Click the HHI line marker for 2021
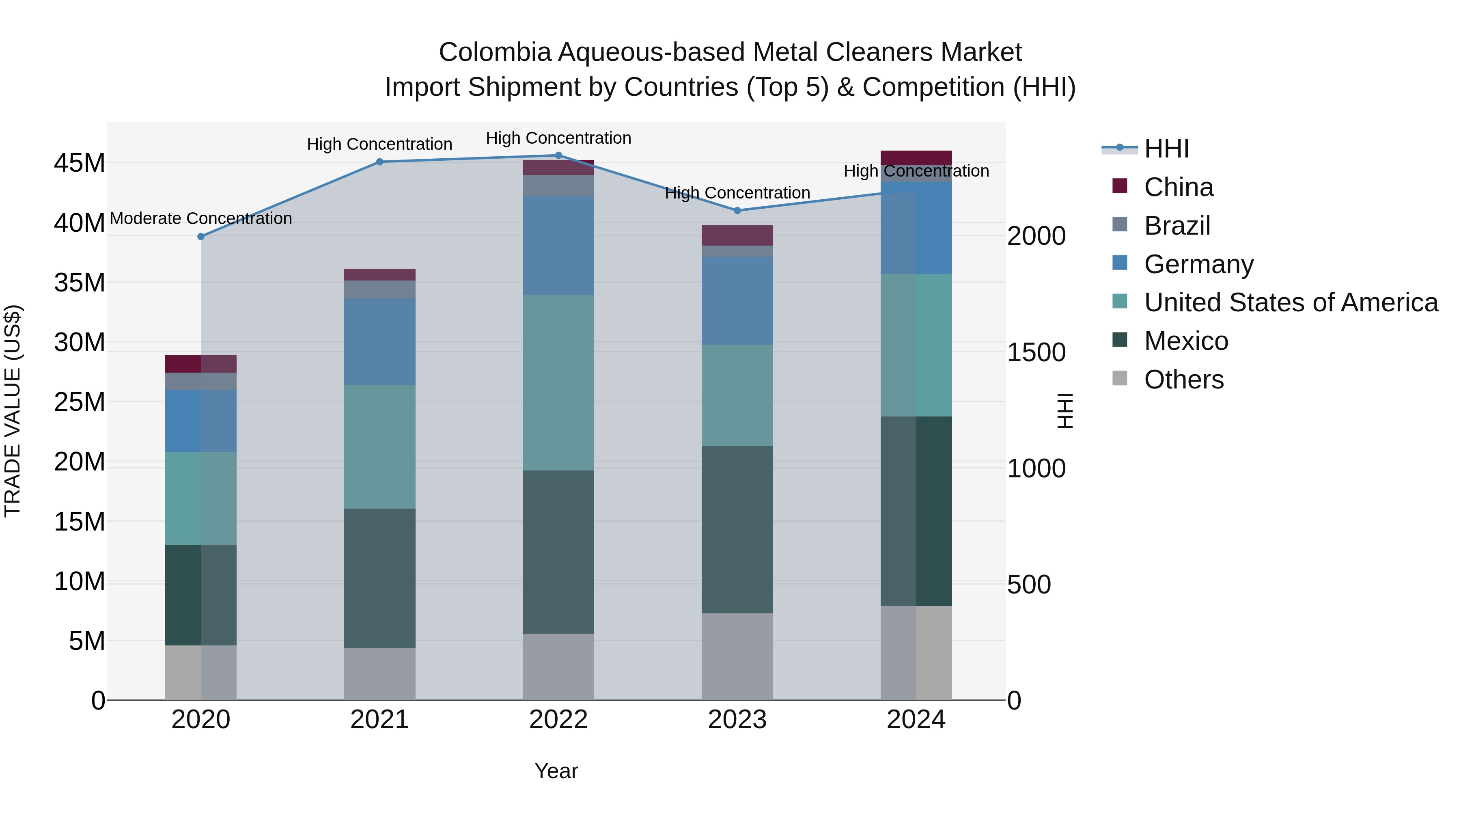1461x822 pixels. pos(379,162)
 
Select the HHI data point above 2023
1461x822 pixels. pos(737,210)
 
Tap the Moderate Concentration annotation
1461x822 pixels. pos(201,218)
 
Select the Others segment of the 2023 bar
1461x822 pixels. pos(737,656)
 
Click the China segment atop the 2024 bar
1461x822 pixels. pos(916,158)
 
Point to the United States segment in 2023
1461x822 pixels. pos(737,395)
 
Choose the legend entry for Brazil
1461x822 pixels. pos(1177,226)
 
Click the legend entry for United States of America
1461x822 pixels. pos(1290,302)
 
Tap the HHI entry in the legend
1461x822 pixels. pos(1166,149)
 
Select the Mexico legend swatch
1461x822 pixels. pos(1120,341)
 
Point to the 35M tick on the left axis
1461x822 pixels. pos(80,283)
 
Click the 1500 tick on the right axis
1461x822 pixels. pos(1036,352)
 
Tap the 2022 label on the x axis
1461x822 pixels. pos(558,720)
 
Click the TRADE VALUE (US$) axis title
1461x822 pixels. pos(13,411)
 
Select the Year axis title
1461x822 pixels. pos(556,771)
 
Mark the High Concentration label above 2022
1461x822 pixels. pos(558,138)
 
